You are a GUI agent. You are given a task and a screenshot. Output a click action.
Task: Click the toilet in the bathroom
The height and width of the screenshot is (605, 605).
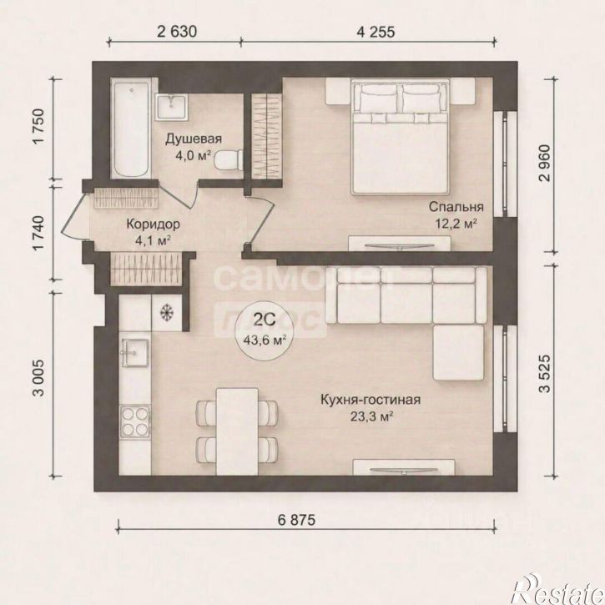tap(229, 159)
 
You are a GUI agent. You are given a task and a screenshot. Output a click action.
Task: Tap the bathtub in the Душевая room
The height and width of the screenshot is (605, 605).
tap(131, 129)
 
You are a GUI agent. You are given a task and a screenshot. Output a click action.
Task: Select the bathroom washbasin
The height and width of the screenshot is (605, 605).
tap(171, 107)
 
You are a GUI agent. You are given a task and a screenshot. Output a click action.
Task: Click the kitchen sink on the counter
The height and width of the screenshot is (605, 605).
tap(134, 353)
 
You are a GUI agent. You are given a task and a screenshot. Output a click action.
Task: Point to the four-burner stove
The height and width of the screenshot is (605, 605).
tap(134, 421)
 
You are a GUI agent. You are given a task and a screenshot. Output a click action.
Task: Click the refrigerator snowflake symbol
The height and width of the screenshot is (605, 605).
tap(167, 312)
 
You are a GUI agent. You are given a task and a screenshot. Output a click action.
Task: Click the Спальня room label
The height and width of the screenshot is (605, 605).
tap(456, 207)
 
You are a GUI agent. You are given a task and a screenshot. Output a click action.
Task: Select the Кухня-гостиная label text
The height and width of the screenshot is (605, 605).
tap(371, 400)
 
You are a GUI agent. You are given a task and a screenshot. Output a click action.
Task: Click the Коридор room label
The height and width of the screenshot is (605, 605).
tap(154, 224)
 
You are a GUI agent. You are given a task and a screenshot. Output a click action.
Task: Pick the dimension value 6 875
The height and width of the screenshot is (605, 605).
tap(296, 520)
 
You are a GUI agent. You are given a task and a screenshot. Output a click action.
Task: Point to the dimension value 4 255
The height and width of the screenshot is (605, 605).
tap(376, 32)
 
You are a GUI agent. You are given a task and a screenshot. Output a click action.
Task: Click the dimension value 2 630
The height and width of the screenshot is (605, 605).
tap(177, 32)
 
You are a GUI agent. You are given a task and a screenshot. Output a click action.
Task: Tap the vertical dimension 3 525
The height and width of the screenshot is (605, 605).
tap(544, 374)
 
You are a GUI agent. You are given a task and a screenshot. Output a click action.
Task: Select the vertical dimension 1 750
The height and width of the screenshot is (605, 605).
tap(39, 126)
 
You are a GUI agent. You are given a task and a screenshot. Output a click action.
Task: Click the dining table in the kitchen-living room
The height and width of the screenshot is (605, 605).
tap(237, 431)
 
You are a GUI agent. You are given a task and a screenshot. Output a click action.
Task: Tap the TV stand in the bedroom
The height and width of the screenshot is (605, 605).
tap(400, 244)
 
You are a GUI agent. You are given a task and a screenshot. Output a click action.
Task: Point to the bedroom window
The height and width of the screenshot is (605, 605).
tap(505, 164)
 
